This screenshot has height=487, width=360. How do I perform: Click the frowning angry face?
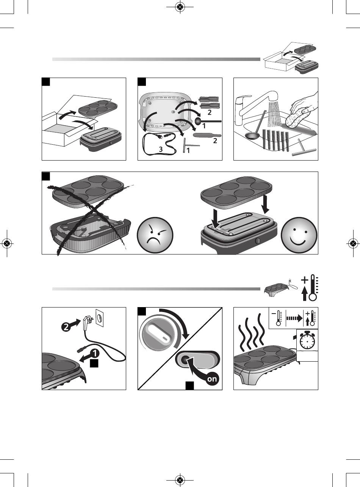click(x=155, y=235)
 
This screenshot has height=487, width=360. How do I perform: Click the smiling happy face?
click(x=299, y=235)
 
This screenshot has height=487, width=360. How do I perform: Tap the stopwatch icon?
click(x=307, y=340)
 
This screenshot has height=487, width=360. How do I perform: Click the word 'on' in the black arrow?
click(x=212, y=379)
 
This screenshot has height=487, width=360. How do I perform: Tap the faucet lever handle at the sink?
click(x=244, y=98)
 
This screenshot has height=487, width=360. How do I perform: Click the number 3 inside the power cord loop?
click(x=161, y=149)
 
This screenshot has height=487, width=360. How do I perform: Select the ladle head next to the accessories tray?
click(x=199, y=121)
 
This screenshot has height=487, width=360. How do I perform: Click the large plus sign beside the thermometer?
click(x=305, y=280)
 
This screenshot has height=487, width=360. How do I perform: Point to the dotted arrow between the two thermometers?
click(x=294, y=318)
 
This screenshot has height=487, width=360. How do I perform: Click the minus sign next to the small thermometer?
click(x=274, y=313)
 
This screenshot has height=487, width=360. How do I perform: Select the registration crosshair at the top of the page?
click(x=180, y=7)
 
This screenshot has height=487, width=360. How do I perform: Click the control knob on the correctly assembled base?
click(x=258, y=241)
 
